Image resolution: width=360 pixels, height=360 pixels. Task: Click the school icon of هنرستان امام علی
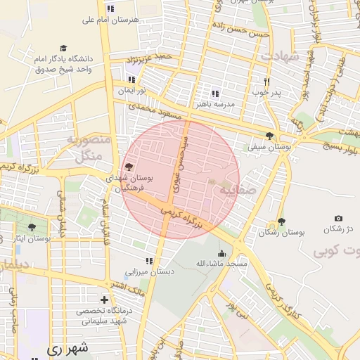point(110,8)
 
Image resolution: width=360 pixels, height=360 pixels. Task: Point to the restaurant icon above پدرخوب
point(266,82)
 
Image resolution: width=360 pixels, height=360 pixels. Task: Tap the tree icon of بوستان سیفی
point(269,136)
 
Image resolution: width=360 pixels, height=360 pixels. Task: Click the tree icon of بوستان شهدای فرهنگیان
point(128,167)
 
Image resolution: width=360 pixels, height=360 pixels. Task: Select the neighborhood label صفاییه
point(234,190)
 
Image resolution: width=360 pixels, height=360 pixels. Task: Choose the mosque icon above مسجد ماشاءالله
point(222,253)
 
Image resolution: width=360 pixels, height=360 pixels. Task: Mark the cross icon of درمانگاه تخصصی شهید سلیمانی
point(105,300)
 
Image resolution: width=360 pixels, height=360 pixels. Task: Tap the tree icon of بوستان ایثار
point(32,227)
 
